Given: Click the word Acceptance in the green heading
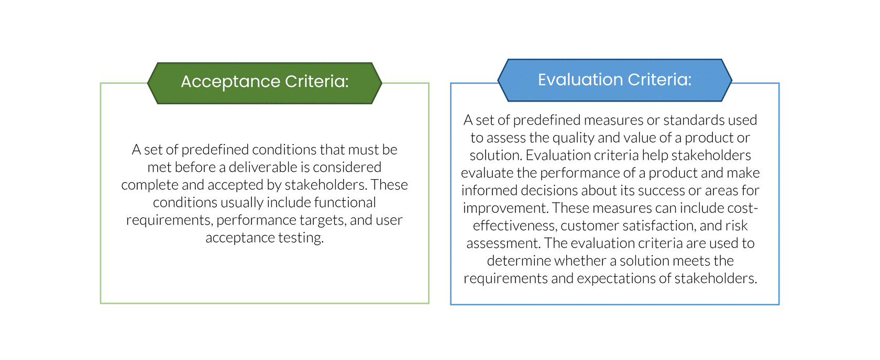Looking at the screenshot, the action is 230,82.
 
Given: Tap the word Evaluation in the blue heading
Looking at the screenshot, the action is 580,80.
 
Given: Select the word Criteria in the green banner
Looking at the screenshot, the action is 316,81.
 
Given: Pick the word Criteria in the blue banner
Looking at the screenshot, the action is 659,80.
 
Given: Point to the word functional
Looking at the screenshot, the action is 345,202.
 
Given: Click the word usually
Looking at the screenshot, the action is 241,203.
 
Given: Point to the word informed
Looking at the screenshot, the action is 489,191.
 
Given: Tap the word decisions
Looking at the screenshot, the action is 549,191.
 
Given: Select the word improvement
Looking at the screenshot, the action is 506,209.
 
